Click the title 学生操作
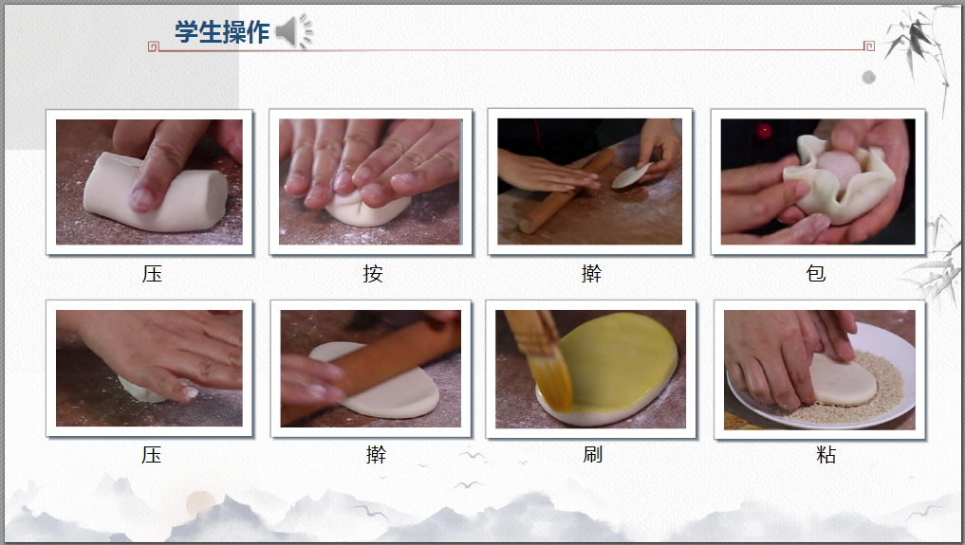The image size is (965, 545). [222, 32]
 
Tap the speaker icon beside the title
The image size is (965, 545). [293, 31]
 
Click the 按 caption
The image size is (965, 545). [373, 273]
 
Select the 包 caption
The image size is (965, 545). [816, 273]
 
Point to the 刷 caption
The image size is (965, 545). [593, 455]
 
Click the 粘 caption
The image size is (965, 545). [826, 455]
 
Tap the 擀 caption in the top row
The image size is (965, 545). [591, 273]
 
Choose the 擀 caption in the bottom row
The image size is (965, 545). [376, 455]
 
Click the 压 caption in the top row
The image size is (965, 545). [152, 273]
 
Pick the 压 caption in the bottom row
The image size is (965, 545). [152, 455]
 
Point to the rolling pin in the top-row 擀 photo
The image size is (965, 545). [566, 191]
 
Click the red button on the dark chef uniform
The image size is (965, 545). [764, 131]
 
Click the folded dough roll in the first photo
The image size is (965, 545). [155, 191]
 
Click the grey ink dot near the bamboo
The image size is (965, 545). [868, 77]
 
